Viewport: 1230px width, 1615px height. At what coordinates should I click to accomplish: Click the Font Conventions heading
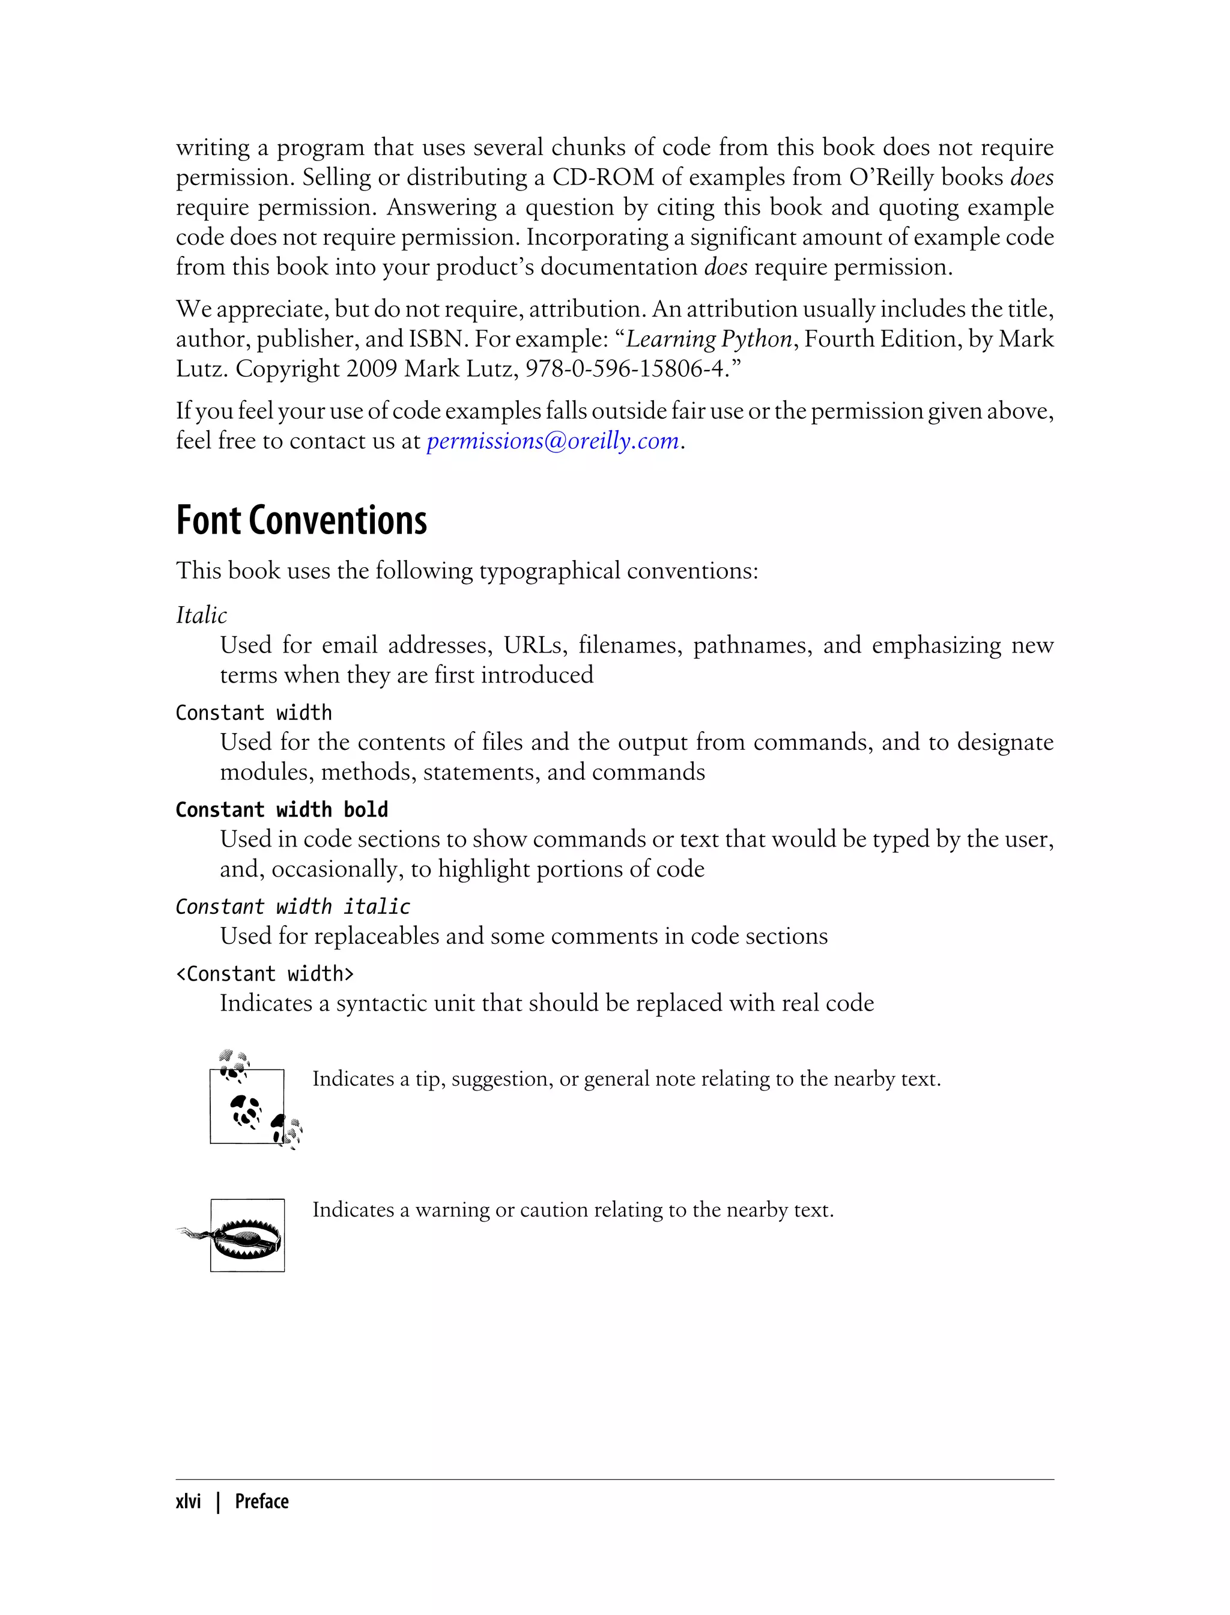click(x=301, y=522)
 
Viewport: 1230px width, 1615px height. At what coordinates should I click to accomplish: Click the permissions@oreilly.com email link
click(x=553, y=441)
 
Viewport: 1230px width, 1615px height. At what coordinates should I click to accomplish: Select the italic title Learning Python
click(x=709, y=339)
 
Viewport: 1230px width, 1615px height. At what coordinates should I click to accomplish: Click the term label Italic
click(x=201, y=615)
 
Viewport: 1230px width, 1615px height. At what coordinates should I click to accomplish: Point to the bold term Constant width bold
click(x=282, y=809)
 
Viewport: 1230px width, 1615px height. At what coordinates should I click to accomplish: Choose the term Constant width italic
click(x=293, y=907)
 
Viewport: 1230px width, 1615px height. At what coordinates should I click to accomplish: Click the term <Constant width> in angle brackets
click(x=265, y=974)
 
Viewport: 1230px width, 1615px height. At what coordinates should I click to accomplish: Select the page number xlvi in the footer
click(x=188, y=1501)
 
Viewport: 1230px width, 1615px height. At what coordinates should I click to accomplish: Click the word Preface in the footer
click(x=261, y=1501)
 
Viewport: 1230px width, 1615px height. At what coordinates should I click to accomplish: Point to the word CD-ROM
click(x=602, y=178)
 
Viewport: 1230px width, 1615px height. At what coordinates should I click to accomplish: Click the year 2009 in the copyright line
click(x=371, y=368)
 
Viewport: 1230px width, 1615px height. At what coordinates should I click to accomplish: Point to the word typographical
click(x=549, y=571)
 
